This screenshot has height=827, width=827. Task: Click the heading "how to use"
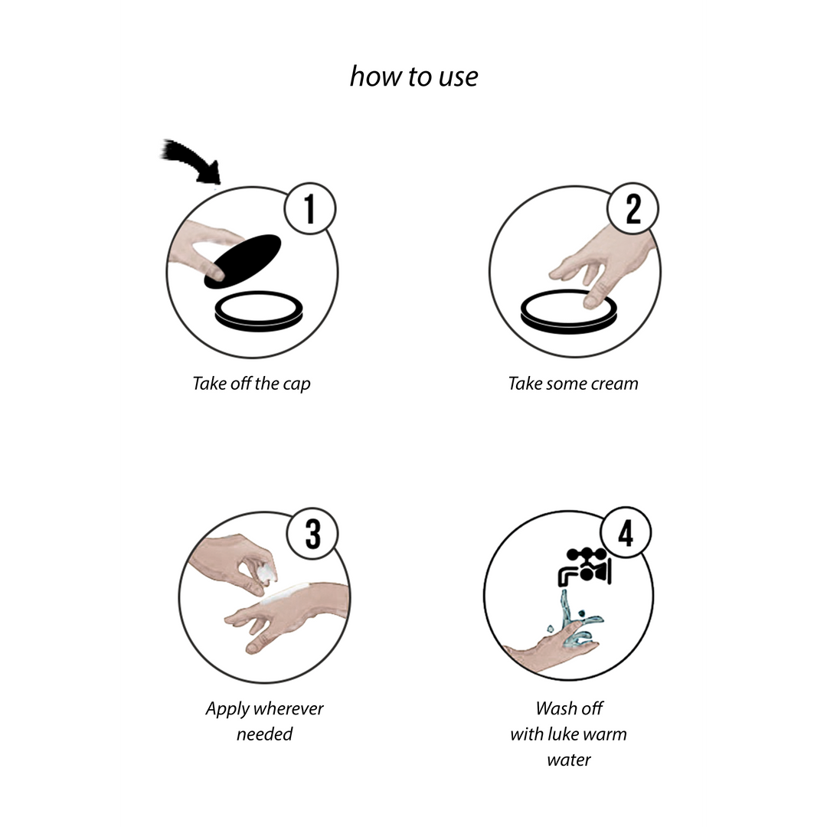click(x=414, y=77)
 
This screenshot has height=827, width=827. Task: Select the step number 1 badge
click(x=310, y=209)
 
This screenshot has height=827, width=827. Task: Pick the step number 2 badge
click(x=633, y=209)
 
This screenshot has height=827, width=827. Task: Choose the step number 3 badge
click(x=312, y=534)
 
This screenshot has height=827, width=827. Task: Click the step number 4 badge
click(x=626, y=533)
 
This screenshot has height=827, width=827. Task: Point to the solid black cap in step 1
click(x=244, y=261)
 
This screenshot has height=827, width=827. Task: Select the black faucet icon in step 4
click(x=585, y=567)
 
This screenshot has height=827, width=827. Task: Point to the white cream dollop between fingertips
click(x=268, y=571)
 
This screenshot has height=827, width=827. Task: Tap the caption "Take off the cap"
click(x=252, y=384)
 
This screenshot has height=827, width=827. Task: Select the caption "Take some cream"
click(x=574, y=384)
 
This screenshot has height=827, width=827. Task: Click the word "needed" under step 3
click(x=264, y=734)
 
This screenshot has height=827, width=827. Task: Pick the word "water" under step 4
click(x=569, y=760)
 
